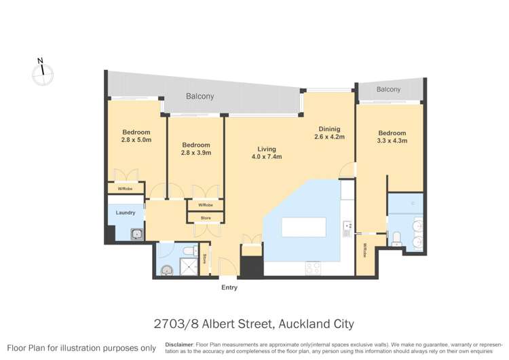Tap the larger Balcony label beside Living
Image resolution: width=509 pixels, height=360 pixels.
[x=200, y=96]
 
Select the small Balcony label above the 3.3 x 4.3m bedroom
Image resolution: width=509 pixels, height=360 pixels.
[x=388, y=90]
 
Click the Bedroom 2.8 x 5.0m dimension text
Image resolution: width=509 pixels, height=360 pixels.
[x=136, y=140]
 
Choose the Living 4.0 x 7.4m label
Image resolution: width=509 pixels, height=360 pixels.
[x=265, y=153]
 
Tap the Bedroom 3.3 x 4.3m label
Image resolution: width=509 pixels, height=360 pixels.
[x=392, y=137]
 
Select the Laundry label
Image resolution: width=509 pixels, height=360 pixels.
[x=126, y=213]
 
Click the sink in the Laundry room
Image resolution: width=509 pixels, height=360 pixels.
[x=136, y=234]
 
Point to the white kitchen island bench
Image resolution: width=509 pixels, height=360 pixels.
[x=303, y=226]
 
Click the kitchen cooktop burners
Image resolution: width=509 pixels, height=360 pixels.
[x=313, y=268]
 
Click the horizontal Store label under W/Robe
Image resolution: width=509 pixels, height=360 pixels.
[x=205, y=218]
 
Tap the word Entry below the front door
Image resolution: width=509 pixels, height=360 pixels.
[x=229, y=288]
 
